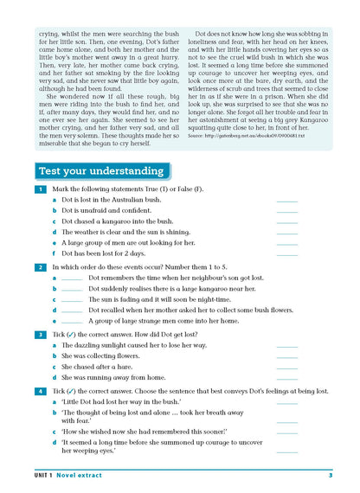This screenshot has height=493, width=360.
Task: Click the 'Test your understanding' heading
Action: pos(100,170)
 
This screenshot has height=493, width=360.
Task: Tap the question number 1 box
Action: pos(40,189)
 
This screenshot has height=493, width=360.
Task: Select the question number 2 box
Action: pos(40,267)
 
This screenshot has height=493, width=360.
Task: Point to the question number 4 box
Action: pos(40,391)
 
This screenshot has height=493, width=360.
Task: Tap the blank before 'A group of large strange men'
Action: pos(73,321)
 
